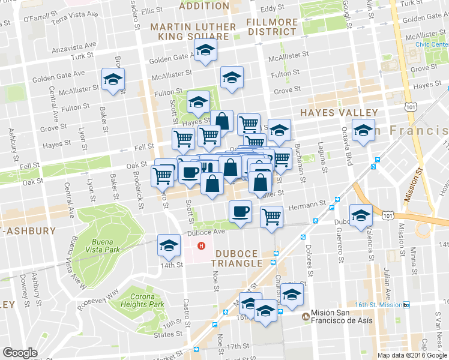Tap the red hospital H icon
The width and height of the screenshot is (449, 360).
point(202,245)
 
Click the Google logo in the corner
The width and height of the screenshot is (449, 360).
point(20,353)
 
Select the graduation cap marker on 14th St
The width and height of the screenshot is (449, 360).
point(169,245)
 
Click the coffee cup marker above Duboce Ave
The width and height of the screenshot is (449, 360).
point(240,212)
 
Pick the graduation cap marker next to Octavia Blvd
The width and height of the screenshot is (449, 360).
point(363,130)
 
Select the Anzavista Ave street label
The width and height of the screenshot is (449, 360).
point(73,45)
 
